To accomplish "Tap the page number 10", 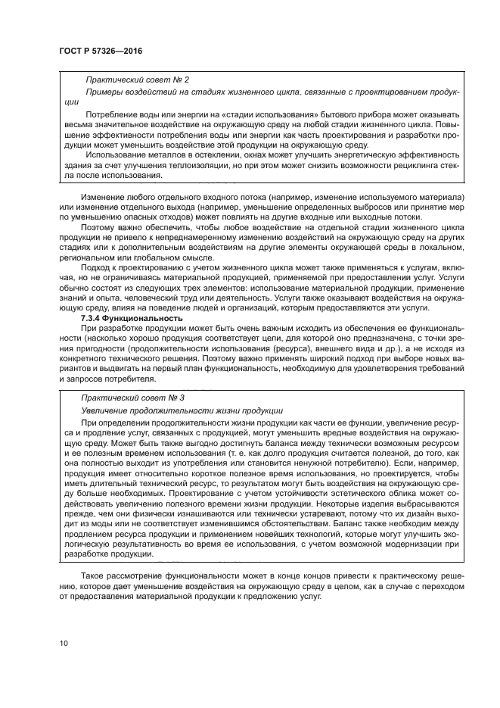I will [x=64, y=644].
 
